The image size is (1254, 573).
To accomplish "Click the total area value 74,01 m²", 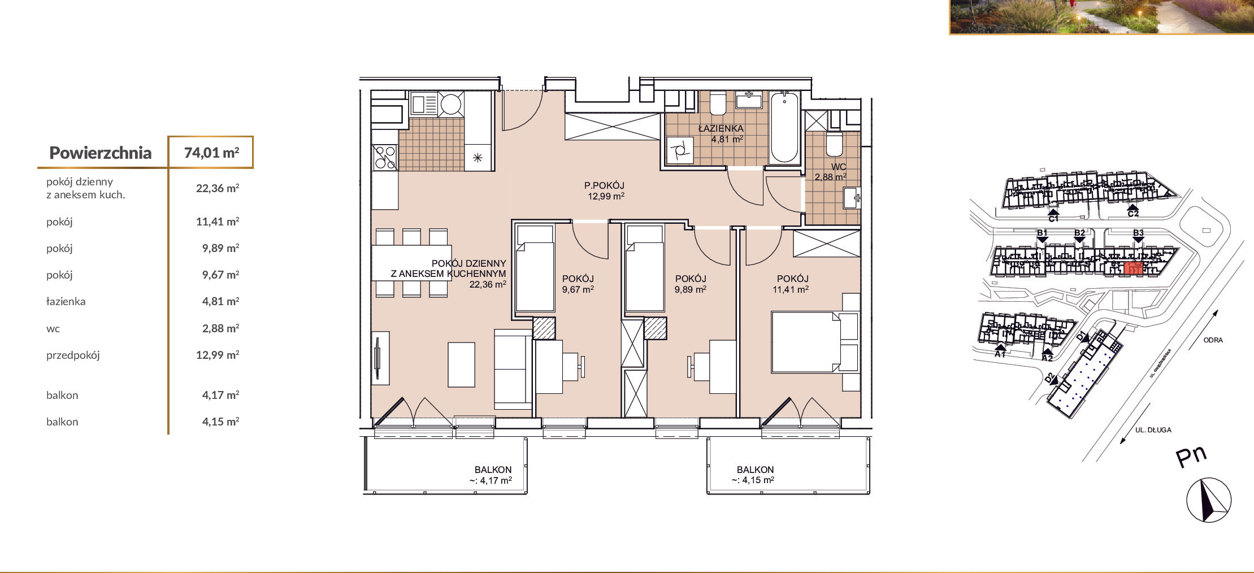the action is click(x=211, y=153).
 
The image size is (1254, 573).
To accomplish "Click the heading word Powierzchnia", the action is click(x=101, y=153).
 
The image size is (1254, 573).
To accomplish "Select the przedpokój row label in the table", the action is click(x=73, y=355).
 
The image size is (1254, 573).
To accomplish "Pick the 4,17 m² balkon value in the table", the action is click(x=220, y=395).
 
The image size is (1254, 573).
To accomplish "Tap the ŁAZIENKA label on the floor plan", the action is click(x=721, y=128).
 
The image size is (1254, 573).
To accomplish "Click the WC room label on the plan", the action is click(x=839, y=167).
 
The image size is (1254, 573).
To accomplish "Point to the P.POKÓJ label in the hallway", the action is click(x=604, y=185).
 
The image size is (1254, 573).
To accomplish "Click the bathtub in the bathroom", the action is click(x=784, y=128).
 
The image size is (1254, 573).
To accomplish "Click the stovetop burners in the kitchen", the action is click(x=385, y=158).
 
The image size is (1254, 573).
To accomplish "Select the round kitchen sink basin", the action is click(x=451, y=105).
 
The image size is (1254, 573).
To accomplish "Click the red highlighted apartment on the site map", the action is click(x=1132, y=268).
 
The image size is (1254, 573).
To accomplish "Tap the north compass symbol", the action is click(x=1208, y=500).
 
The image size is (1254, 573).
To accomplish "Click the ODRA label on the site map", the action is click(x=1213, y=340).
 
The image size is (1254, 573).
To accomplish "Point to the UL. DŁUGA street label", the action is click(x=1153, y=430).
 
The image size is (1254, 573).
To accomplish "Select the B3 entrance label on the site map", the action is click(x=1138, y=233).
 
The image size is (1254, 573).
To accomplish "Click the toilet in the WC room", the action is click(x=834, y=144).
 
